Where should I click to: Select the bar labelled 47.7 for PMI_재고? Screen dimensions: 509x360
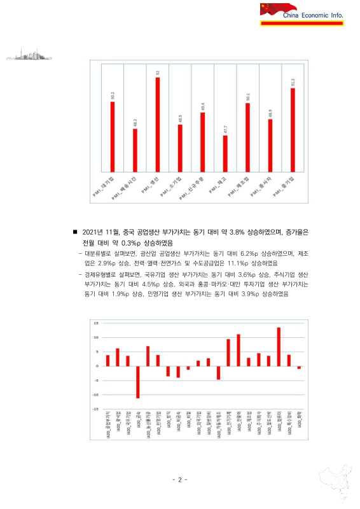(225, 153)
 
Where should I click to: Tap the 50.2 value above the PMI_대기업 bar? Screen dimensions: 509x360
(113, 95)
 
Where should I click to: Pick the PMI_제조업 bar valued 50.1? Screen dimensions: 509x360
(247, 137)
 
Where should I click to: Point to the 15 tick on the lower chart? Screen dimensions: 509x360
(95, 323)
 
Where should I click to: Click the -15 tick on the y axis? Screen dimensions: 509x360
(95, 408)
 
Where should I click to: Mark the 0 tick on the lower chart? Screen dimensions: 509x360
(97, 366)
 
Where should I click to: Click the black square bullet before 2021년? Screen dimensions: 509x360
(76, 234)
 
